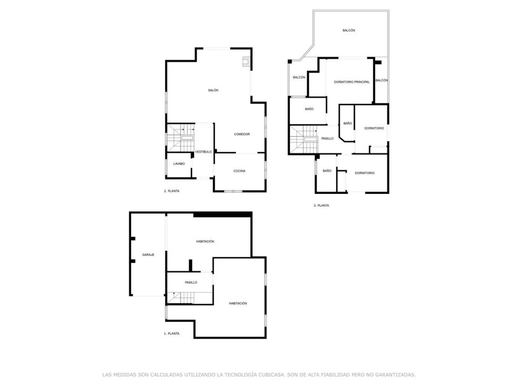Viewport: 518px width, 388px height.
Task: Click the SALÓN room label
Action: tap(213, 90)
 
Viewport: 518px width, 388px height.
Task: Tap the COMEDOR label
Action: tap(242, 134)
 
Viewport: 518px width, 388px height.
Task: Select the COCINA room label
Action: tap(239, 171)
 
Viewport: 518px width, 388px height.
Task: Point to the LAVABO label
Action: tap(179, 163)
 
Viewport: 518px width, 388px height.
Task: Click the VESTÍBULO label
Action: tap(203, 152)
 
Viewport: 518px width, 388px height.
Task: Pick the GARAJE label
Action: tap(148, 255)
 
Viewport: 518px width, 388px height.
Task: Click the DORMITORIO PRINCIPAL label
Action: tap(351, 82)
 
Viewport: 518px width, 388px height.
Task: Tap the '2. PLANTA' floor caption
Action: tap(171, 191)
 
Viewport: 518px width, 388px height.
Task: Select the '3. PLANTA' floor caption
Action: tap(321, 206)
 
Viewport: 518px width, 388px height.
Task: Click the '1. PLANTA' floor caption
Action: tap(171, 334)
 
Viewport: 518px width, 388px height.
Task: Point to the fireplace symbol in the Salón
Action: tap(246, 62)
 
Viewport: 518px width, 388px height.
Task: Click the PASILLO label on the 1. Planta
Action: tap(191, 282)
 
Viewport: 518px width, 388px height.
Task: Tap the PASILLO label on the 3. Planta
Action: tap(327, 139)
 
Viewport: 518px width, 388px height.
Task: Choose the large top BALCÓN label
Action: tap(349, 31)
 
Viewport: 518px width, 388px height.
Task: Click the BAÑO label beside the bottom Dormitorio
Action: tap(327, 171)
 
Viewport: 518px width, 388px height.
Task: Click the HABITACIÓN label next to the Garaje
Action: tap(205, 242)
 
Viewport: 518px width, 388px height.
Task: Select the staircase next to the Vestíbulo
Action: tap(181, 138)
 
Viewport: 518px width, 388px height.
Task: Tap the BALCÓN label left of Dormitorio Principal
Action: tap(299, 77)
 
